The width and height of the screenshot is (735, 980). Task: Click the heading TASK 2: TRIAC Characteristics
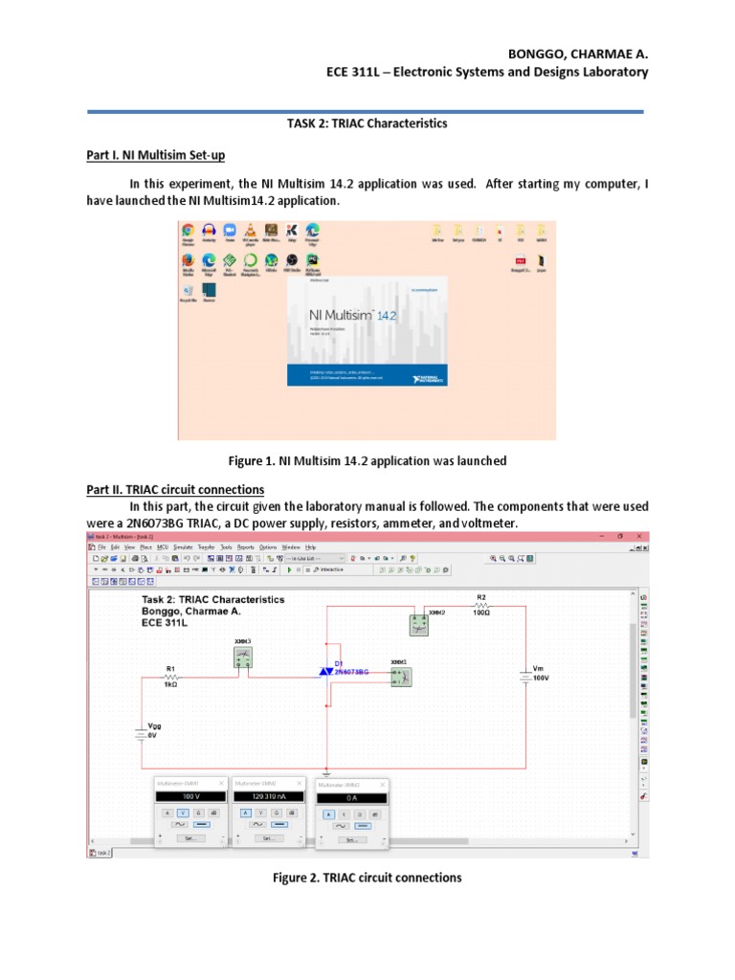367,123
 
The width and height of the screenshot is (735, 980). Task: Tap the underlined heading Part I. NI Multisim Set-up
155,155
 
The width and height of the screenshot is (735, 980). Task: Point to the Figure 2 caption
367,878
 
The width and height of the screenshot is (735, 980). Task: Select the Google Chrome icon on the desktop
188,232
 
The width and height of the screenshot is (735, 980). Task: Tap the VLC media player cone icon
250,232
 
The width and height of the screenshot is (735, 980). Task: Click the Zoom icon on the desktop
229,232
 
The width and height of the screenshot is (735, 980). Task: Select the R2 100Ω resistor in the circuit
481,605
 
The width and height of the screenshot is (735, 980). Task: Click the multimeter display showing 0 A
352,797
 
